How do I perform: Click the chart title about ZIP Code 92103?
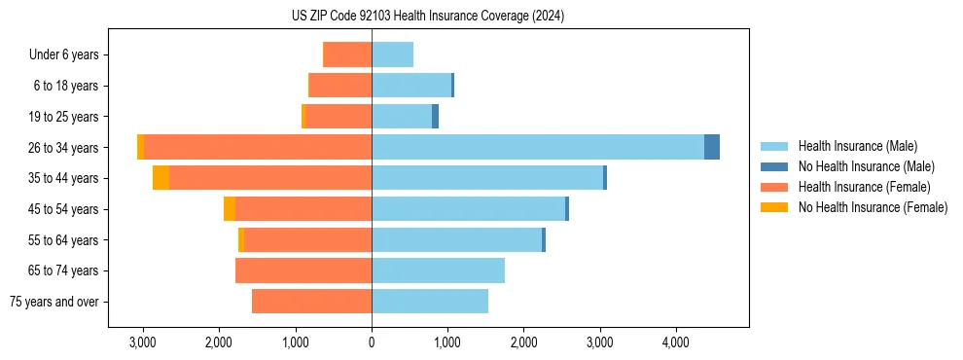tap(427, 17)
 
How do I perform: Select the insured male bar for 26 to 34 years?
tap(538, 147)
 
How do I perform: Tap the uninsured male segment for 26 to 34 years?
tap(712, 147)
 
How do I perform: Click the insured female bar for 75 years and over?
tap(311, 302)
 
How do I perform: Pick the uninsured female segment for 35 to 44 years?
tap(160, 178)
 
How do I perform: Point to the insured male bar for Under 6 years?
tap(392, 54)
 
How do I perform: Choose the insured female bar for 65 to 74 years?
tap(303, 270)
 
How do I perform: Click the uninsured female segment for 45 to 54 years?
tap(230, 209)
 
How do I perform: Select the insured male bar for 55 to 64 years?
tap(456, 239)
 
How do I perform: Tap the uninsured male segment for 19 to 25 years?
tap(435, 117)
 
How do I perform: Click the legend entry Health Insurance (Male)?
tap(857, 146)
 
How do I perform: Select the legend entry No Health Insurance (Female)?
tap(873, 207)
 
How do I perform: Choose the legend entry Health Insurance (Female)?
tap(864, 187)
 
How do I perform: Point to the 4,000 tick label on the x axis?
tap(676, 342)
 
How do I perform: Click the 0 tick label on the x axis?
tap(372, 342)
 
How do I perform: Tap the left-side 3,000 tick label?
tap(143, 342)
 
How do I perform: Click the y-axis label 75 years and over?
tap(53, 302)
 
